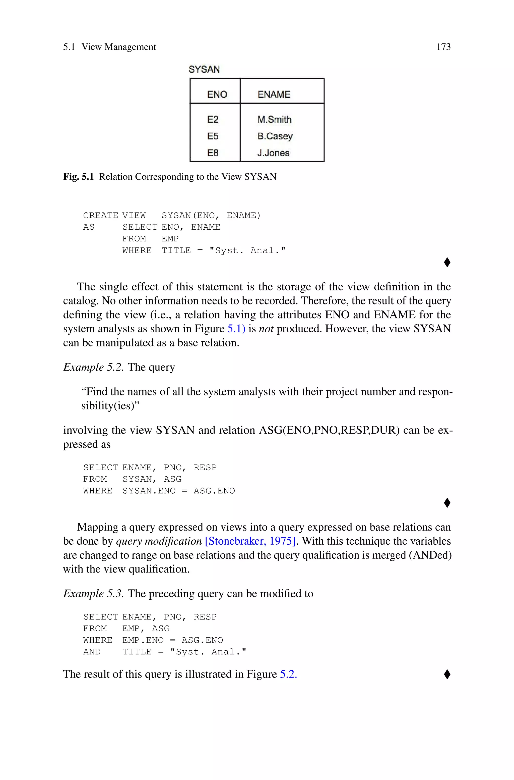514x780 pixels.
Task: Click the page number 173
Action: click(x=443, y=47)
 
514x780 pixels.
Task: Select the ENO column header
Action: click(x=217, y=94)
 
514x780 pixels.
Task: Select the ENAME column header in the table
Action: click(x=274, y=94)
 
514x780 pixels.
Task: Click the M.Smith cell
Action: click(x=274, y=119)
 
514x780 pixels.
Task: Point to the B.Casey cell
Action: click(x=275, y=136)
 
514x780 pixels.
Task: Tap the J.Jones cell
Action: click(x=273, y=153)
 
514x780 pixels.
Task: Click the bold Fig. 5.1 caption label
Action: click(x=78, y=177)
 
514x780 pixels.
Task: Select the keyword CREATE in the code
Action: click(x=101, y=216)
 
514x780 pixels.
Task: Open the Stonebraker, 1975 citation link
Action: click(x=251, y=541)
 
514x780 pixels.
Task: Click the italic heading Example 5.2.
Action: click(x=93, y=367)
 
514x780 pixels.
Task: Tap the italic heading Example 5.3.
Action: click(x=93, y=593)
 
